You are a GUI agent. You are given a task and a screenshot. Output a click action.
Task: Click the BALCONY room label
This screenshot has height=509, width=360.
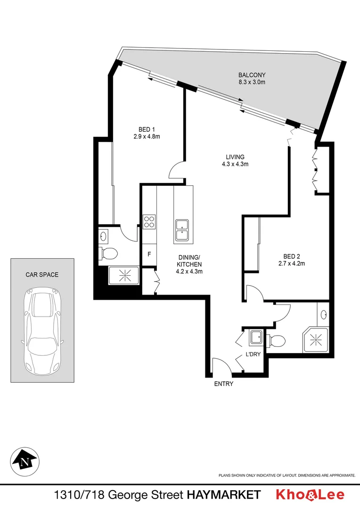252,75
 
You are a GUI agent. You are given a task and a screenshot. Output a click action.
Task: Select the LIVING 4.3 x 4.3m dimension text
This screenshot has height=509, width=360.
235,164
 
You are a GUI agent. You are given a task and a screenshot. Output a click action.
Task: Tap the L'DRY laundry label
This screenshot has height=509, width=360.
252,354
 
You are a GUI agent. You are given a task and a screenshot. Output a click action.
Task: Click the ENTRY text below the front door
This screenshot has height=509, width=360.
224,384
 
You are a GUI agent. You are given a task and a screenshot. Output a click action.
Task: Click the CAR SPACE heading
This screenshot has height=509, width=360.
42,275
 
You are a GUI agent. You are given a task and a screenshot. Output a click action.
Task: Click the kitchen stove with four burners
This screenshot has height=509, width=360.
149,222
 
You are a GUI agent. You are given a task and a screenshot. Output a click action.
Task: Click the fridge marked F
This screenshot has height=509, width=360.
149,254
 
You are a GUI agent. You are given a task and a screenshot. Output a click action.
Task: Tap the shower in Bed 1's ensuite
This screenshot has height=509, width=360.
124,276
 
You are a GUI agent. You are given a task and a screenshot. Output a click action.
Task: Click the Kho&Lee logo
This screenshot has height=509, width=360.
310,495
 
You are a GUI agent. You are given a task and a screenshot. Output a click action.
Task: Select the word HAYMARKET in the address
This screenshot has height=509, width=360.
224,495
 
